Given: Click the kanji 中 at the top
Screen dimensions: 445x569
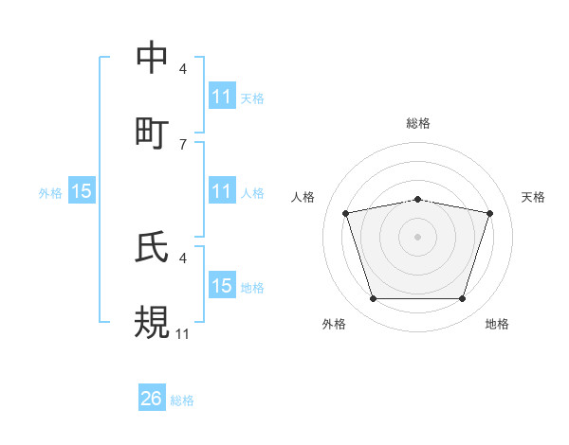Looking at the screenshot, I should coord(153,58).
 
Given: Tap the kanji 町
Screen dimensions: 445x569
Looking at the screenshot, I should coord(153,132).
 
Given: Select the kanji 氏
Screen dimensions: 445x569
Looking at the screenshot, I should coord(153,247).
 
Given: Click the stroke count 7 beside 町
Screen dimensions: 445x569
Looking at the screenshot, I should coord(182,144).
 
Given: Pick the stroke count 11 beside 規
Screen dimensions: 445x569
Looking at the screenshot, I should coord(182,333).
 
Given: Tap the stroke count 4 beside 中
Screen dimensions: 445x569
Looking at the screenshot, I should coord(182,69).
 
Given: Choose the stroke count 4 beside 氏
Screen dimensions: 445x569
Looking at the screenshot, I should coord(182,258).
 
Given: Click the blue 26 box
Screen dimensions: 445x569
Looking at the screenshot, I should coord(152,399).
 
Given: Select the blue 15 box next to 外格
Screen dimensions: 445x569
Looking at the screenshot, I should coord(82,191).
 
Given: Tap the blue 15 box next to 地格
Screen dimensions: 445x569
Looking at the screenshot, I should coord(221,286).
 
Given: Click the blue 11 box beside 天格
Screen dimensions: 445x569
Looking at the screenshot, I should coord(221,97).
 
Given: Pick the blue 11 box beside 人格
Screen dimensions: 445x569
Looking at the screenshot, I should coord(221,191).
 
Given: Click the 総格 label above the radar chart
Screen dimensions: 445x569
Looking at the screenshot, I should coord(418,123).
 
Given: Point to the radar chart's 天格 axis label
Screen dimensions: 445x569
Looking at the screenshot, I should coord(533,197).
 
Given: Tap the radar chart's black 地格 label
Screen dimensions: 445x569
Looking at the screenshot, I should coord(497,325).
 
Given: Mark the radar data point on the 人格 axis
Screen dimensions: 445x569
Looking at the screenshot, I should coord(346,214).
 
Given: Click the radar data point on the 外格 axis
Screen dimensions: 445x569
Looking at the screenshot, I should coord(374,299).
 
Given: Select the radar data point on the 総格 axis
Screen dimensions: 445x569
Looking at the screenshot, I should coord(418,199).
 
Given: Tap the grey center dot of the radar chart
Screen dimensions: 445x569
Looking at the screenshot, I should coord(418,237).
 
